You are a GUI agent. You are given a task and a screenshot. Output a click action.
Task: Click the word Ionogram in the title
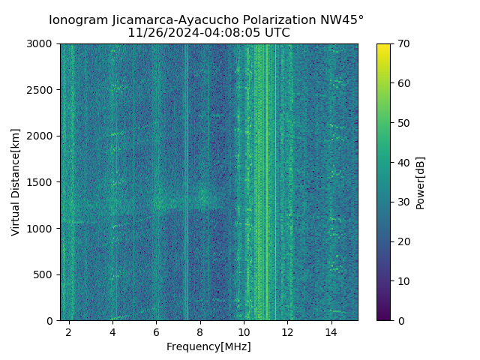77,20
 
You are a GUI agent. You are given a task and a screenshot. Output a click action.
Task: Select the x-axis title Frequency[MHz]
208,346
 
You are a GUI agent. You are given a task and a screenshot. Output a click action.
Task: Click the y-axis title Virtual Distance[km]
16,181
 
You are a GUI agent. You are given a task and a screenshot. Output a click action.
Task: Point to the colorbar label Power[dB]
421,181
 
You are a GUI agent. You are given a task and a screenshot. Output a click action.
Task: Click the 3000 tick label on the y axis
42,43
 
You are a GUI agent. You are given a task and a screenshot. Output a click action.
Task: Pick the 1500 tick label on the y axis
42,182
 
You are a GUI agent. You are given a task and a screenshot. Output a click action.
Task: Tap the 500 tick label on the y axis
45,274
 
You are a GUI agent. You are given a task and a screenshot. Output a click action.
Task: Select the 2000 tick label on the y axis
42,136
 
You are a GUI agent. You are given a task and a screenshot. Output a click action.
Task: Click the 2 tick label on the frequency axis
69,331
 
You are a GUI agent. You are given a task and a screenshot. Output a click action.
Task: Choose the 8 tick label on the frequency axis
200,331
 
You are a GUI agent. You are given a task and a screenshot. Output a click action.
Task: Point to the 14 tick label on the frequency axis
331,331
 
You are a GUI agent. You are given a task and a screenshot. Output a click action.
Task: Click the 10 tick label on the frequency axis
244,331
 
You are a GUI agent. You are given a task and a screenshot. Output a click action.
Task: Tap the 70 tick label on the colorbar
403,43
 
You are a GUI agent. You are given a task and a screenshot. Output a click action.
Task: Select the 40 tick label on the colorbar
403,162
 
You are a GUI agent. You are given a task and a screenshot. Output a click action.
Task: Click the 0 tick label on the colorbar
400,320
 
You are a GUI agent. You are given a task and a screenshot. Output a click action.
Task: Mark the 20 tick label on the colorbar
403,241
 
